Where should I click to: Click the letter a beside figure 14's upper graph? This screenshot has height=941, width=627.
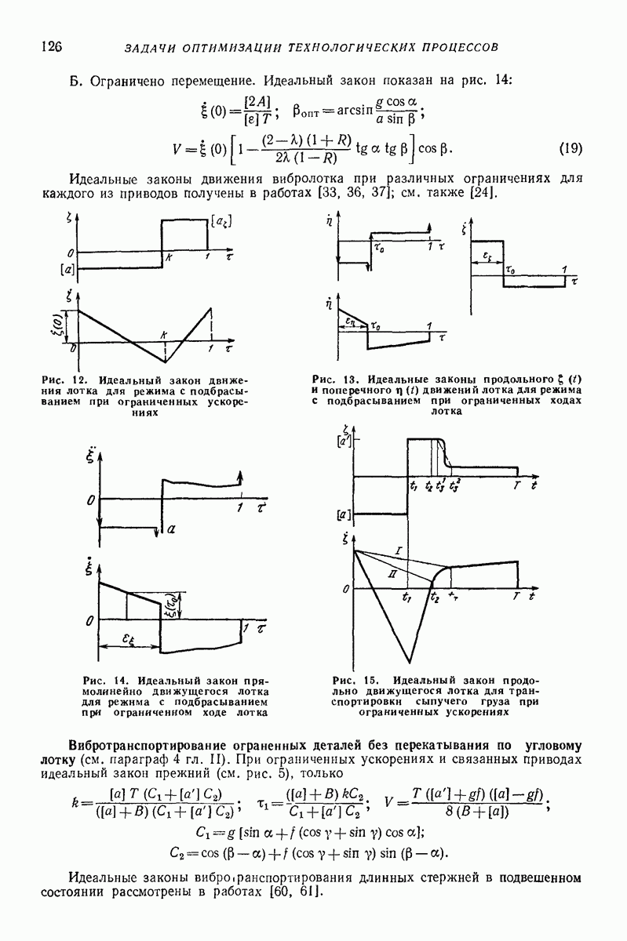(171, 530)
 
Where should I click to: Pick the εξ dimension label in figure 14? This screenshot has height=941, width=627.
(131, 639)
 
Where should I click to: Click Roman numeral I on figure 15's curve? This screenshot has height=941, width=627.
(399, 554)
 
